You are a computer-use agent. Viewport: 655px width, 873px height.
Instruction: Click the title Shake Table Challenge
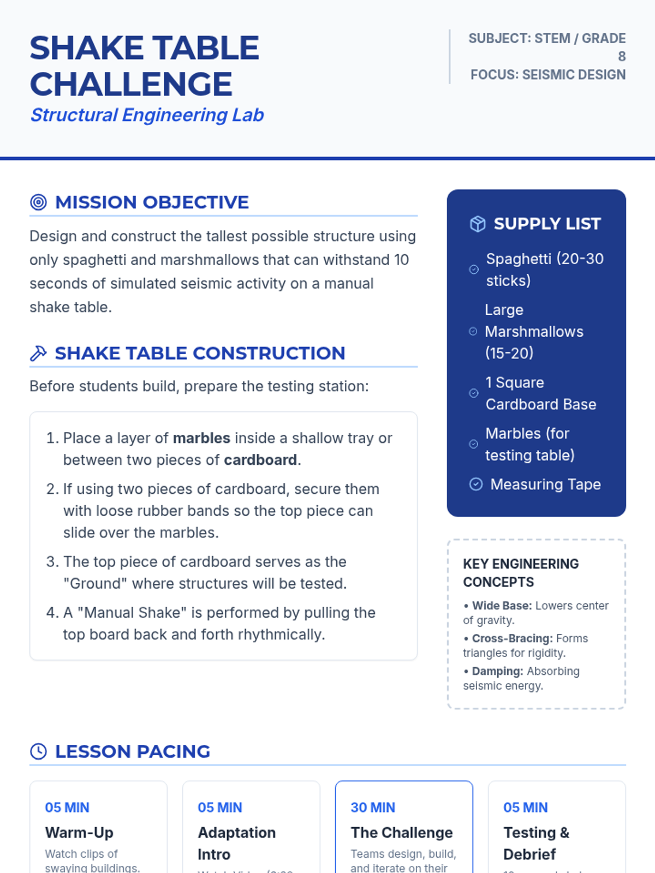click(x=144, y=65)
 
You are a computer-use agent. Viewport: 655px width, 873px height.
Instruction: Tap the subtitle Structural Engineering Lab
click(x=147, y=115)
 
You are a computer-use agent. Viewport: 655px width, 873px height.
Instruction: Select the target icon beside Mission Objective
click(x=38, y=202)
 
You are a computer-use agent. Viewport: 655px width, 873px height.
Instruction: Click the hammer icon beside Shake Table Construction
click(x=38, y=354)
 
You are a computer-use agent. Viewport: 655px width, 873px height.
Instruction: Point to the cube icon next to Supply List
click(x=478, y=224)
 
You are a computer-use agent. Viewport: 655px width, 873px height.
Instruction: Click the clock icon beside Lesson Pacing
click(x=38, y=751)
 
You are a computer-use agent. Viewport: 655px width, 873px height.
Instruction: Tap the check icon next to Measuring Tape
click(x=476, y=484)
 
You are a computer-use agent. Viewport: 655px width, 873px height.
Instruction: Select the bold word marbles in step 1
click(x=201, y=438)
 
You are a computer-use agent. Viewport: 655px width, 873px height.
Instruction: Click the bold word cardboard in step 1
click(x=260, y=460)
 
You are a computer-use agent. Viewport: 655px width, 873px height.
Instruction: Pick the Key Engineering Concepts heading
click(x=521, y=573)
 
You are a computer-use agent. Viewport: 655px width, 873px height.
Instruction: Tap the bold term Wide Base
click(x=502, y=606)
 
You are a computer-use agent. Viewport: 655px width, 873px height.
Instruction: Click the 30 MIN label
click(x=373, y=808)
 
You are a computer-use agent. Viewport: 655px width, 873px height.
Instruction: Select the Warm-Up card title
click(x=79, y=833)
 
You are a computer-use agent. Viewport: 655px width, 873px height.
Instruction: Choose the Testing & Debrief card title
click(x=535, y=843)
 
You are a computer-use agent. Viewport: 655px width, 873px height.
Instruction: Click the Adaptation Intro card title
click(x=236, y=843)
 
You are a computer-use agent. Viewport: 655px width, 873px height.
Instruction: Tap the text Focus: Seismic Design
click(x=547, y=75)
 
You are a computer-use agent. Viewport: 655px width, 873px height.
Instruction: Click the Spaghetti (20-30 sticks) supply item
click(x=544, y=270)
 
